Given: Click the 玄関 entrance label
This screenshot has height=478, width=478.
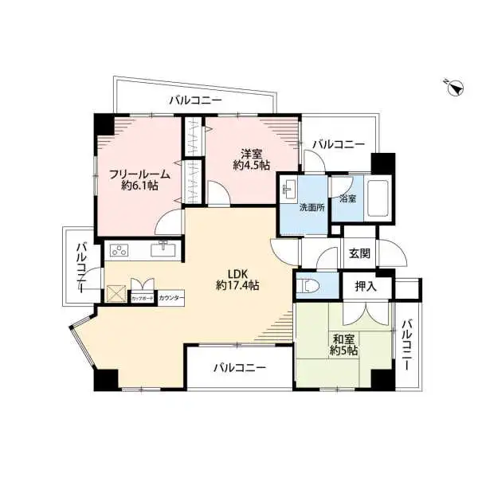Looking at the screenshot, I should click(x=358, y=253).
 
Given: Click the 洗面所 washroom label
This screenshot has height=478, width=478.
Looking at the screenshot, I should click(x=310, y=206).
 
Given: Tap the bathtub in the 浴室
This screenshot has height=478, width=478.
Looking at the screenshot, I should click(x=377, y=199).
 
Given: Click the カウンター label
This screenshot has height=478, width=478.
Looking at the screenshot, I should click(x=171, y=297).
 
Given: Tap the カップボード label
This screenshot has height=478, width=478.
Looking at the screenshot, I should click(x=143, y=297).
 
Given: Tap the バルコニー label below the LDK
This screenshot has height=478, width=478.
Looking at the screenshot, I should click(x=239, y=368).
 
